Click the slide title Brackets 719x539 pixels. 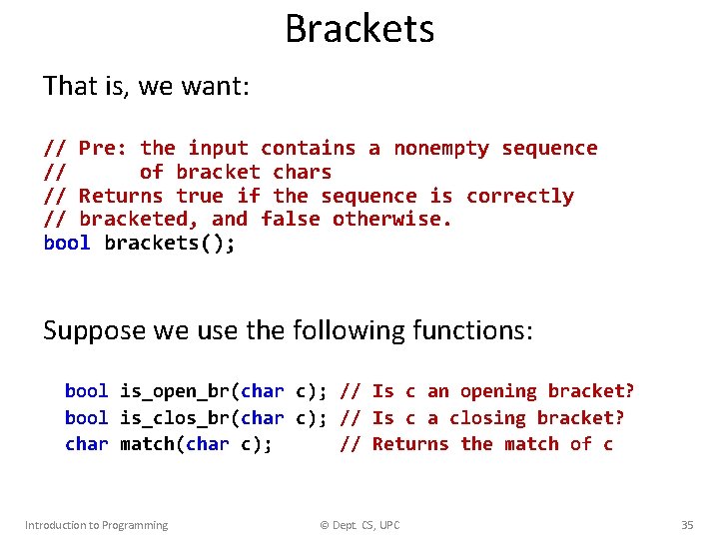pos(359,28)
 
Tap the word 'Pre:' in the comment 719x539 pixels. pos(103,149)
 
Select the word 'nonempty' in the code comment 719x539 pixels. pos(441,149)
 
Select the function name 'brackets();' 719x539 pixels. pos(170,244)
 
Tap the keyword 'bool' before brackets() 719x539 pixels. pos(67,244)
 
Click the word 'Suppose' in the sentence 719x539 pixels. pos(95,330)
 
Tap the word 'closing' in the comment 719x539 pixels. pos(487,418)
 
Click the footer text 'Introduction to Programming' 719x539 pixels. pos(96,525)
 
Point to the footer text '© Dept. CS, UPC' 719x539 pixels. pos(359,525)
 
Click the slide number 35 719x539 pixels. pos(687,525)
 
